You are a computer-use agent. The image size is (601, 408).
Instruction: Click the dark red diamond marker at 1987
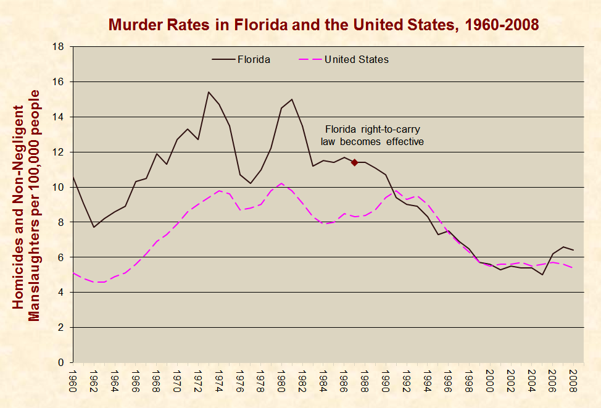354,162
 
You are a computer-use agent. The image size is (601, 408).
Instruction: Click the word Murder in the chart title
130,25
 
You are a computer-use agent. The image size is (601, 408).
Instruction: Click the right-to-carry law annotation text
372,135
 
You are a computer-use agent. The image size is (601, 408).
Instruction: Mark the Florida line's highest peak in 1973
209,92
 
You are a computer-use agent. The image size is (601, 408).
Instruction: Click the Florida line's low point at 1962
94,227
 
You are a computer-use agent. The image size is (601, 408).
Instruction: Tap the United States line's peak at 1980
281,183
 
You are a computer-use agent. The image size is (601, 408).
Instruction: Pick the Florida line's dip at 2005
542,275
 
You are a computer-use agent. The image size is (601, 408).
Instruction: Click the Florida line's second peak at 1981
292,99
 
